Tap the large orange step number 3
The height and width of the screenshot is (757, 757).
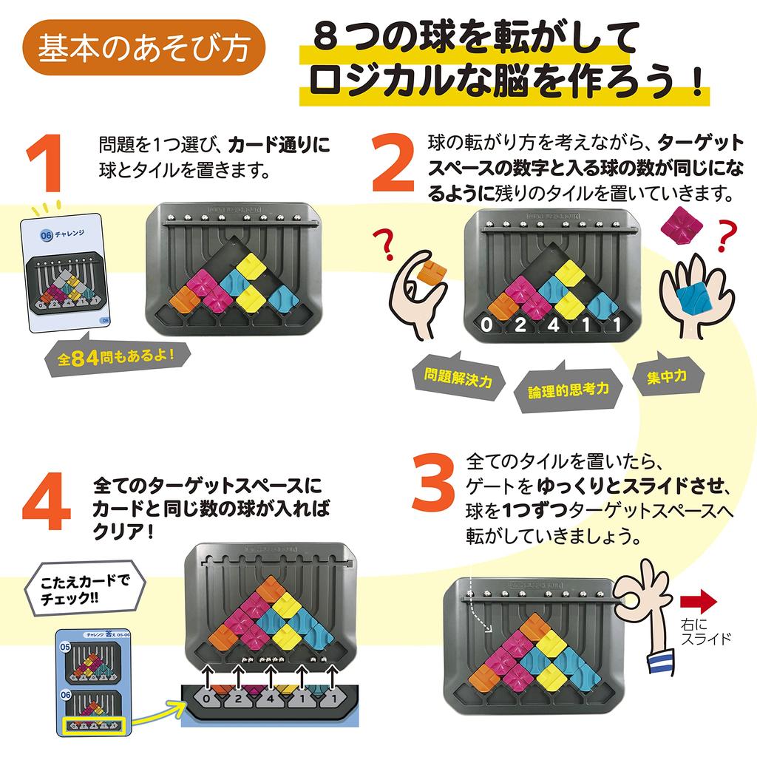tap(432, 483)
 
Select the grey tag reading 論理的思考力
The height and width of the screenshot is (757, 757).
tap(568, 389)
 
